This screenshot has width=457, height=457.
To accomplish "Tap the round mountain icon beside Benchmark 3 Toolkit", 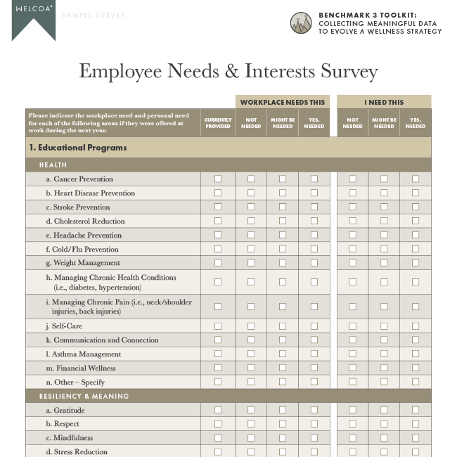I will (x=301, y=23).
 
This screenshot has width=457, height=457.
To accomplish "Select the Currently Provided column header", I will (x=218, y=123).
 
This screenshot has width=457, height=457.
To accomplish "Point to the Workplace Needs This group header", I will (x=283, y=103).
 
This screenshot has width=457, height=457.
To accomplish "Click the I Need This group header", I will (x=384, y=103).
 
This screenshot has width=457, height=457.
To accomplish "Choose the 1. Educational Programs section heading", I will (x=78, y=148).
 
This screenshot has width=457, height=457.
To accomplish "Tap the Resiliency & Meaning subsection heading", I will (x=84, y=396).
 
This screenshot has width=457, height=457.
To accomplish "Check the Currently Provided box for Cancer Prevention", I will (x=218, y=179).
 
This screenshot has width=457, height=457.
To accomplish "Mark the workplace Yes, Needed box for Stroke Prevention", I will (x=314, y=207).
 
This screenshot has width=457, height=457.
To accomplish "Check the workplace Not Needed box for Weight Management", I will (x=251, y=263).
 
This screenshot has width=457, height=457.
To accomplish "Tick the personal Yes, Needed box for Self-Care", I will (x=416, y=326).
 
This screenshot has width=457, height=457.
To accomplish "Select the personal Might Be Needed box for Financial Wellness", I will (x=384, y=368).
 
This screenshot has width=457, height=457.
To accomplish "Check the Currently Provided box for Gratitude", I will (x=218, y=410).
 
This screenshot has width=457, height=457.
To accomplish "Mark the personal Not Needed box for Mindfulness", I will (x=352, y=437).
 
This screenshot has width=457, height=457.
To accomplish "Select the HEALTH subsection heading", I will (x=53, y=165).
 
